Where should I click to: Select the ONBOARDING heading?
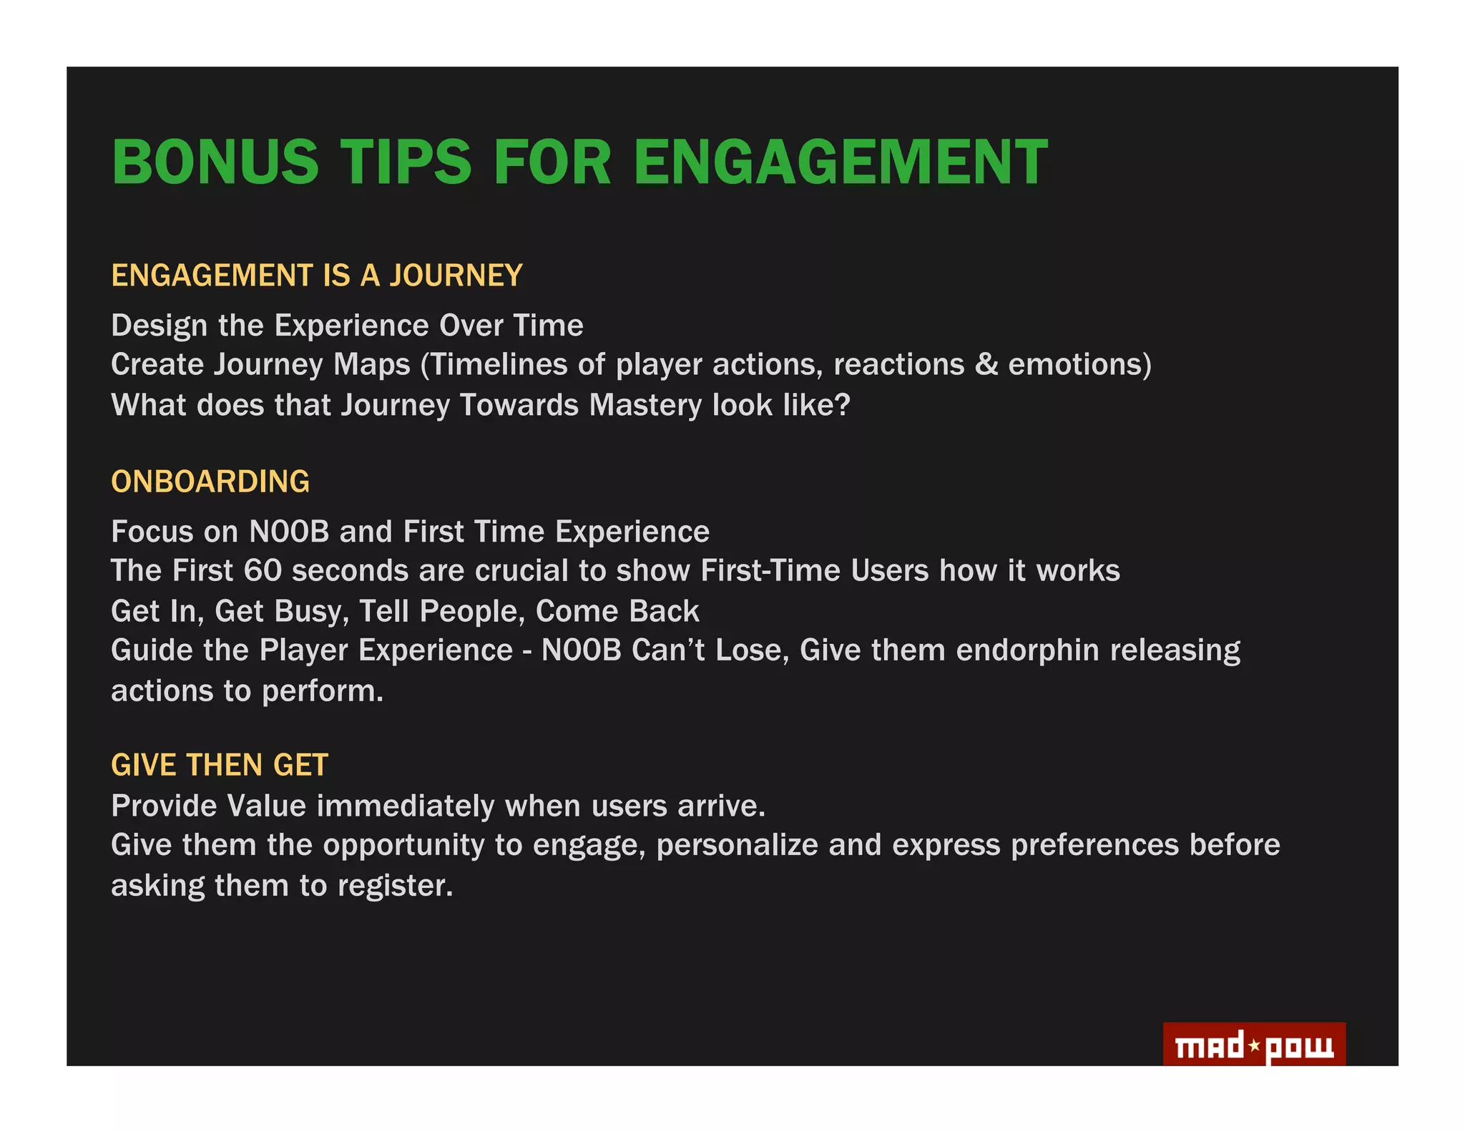[210, 482]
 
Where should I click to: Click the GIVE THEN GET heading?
[220, 765]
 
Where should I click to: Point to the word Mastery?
[645, 406]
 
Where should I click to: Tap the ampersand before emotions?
[986, 365]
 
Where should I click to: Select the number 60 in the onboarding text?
[263, 571]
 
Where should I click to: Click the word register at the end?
[395, 886]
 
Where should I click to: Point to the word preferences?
[1094, 846]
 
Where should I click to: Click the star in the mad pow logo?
[1254, 1046]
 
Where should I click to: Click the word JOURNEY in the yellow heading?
[456, 276]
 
